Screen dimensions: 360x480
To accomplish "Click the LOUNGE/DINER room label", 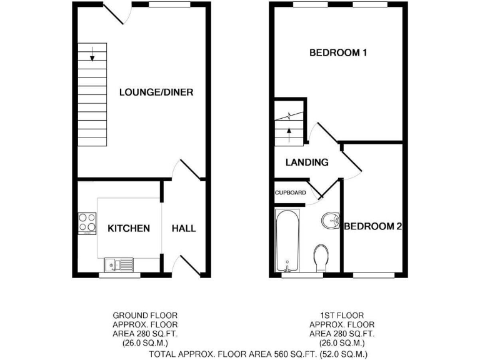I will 156,92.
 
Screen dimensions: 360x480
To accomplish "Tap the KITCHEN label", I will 129,228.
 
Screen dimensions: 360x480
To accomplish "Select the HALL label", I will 184,228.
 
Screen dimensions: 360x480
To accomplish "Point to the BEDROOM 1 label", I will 338,53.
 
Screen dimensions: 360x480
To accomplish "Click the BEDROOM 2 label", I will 372,226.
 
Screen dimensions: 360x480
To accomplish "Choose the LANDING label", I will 307,162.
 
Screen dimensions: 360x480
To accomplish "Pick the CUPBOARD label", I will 291,192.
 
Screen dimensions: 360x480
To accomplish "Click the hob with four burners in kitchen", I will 87,223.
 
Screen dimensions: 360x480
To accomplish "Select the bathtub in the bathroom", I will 288,241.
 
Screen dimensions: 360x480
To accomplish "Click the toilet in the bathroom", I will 321,256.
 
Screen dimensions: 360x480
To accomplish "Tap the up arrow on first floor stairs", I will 289,130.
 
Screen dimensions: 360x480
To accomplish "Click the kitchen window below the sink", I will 120,274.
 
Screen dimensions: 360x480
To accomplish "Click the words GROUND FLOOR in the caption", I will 145,315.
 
